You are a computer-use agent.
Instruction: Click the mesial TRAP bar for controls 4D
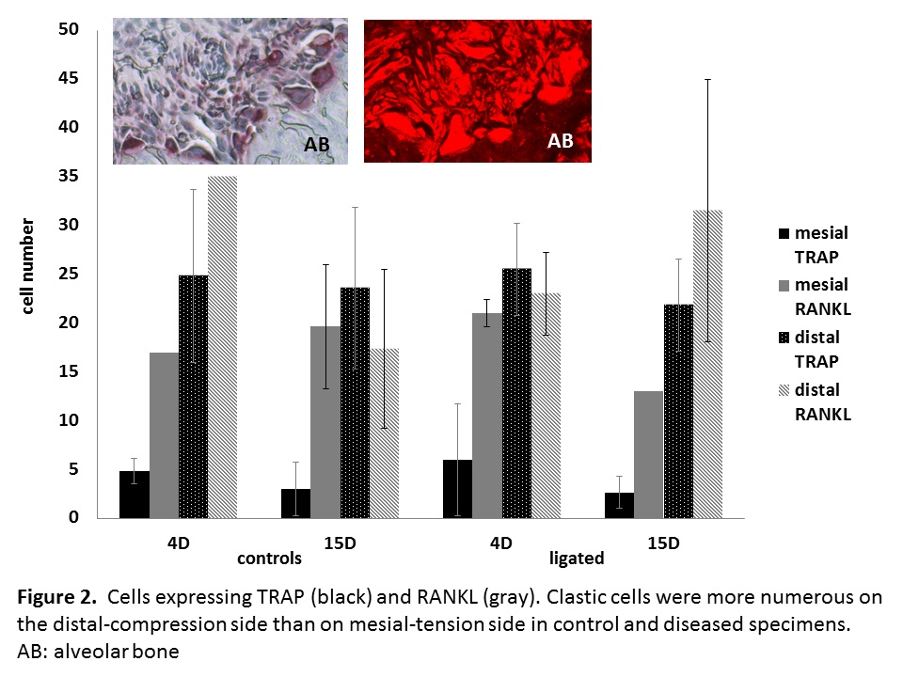click(x=134, y=495)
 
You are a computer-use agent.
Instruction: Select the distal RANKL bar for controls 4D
click(x=222, y=348)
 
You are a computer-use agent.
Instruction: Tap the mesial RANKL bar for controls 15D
click(x=325, y=422)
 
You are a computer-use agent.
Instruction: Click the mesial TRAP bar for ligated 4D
click(x=457, y=489)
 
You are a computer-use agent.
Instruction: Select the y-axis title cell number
click(x=28, y=267)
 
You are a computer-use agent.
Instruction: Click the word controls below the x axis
click(x=269, y=559)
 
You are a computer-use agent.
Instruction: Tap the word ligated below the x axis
click(x=576, y=559)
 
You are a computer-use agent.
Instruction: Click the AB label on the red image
click(x=561, y=142)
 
